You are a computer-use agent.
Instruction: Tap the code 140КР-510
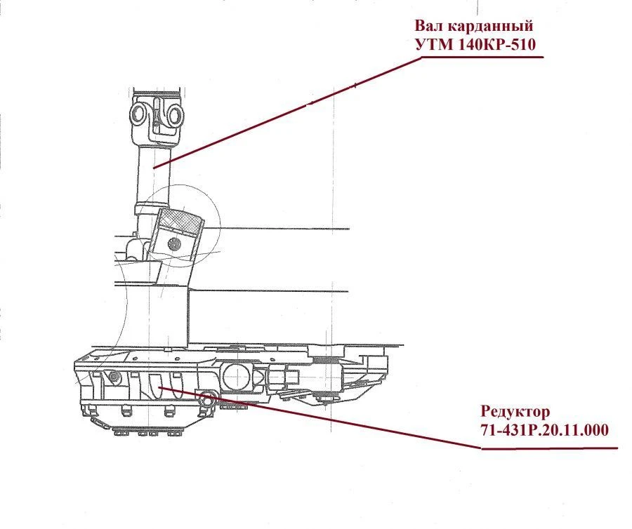point(501,44)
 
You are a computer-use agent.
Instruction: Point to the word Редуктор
point(516,411)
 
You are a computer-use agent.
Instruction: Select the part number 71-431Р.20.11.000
point(544,429)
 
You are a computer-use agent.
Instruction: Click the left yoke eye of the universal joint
point(139,112)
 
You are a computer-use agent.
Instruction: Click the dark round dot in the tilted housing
point(173,244)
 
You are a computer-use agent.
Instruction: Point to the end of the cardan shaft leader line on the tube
point(156,166)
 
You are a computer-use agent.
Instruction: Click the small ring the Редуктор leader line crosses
point(208,400)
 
